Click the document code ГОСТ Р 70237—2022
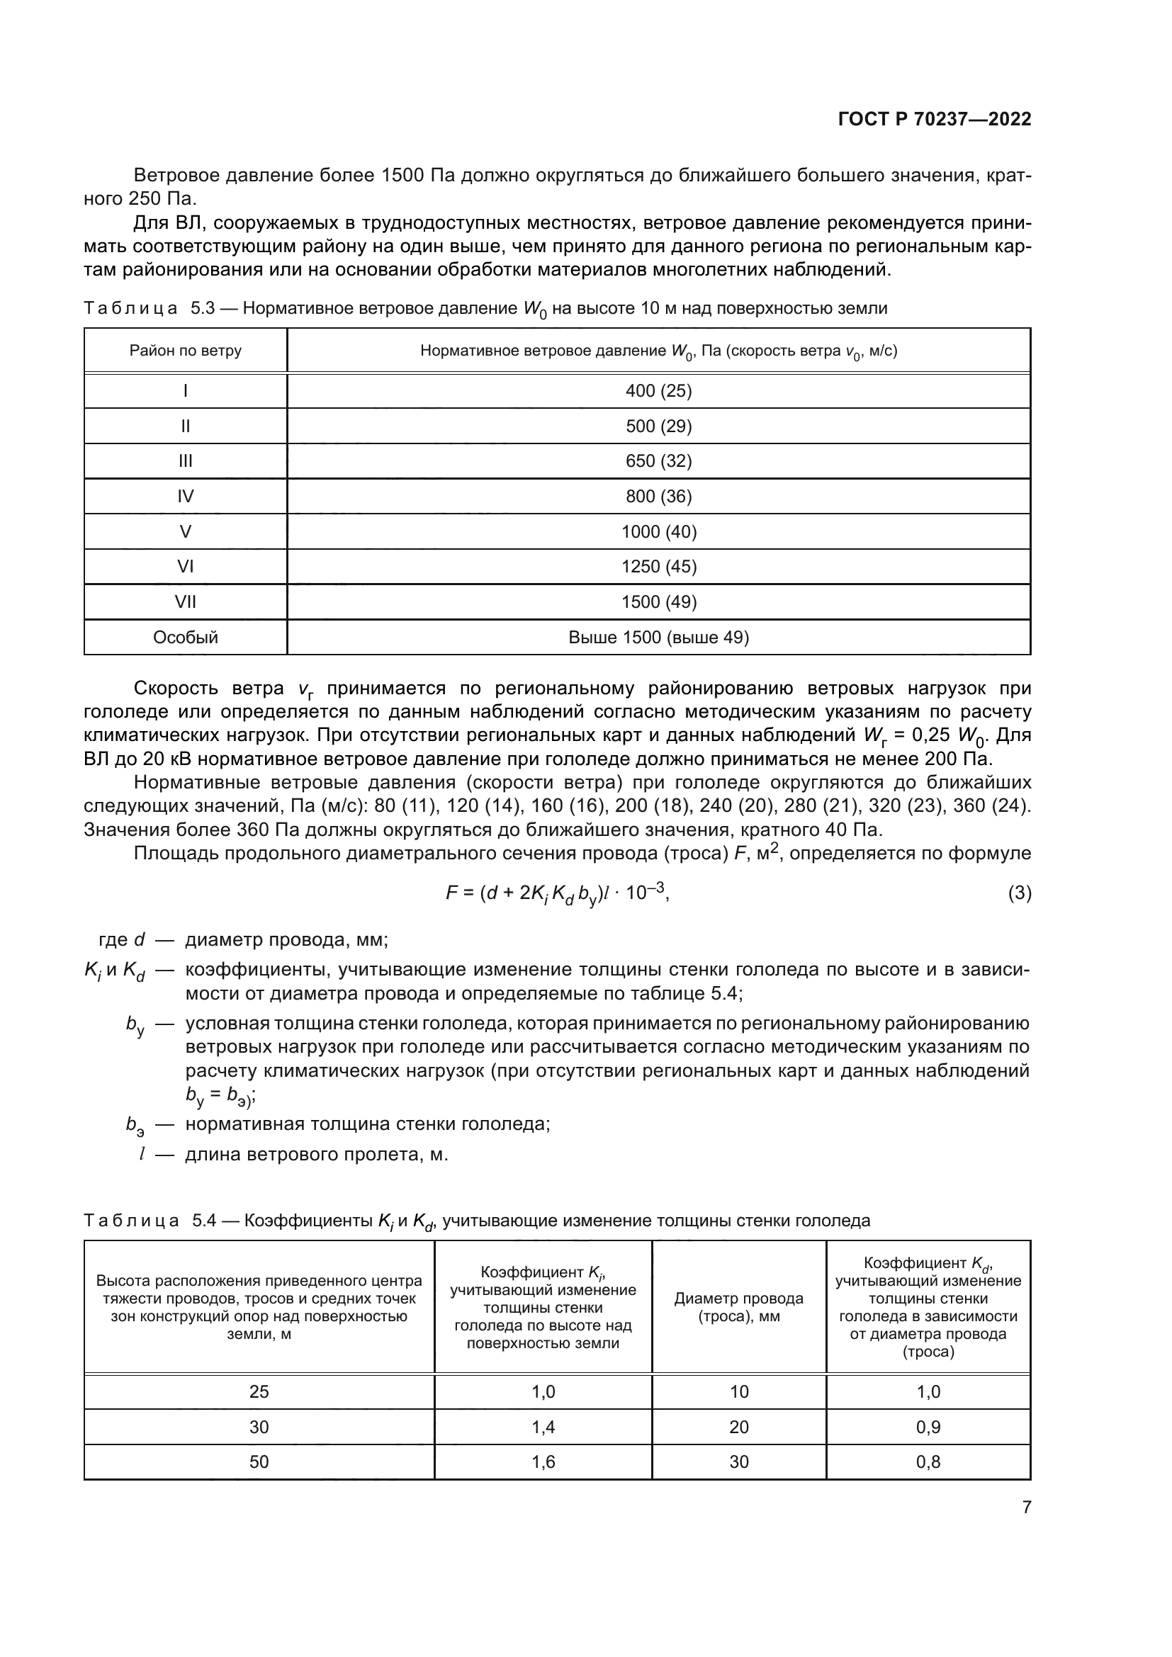[934, 119]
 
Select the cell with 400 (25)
[658, 390]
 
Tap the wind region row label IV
[186, 497]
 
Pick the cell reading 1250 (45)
[658, 567]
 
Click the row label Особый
[186, 638]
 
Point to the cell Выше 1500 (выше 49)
[658, 638]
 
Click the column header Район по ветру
[186, 351]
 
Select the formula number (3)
[1019, 893]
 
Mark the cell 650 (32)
[658, 461]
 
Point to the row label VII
[186, 602]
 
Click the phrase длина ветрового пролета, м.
[317, 1155]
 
